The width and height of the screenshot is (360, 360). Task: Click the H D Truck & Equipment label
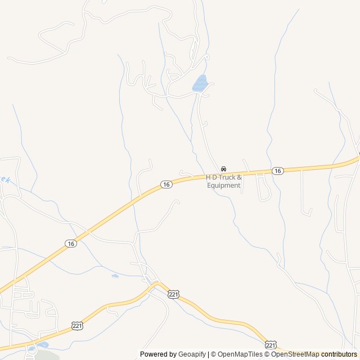[223, 181]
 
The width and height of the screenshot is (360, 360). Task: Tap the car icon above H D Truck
[223, 169]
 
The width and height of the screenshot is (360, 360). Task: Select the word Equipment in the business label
[223, 186]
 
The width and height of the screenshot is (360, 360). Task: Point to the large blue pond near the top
[200, 83]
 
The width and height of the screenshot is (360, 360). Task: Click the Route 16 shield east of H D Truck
[277, 170]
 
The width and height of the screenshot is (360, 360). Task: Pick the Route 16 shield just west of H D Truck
[165, 184]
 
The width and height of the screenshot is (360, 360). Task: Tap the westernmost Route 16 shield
[70, 243]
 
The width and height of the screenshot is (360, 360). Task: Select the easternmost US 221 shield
[271, 344]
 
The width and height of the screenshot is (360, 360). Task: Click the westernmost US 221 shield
[77, 326]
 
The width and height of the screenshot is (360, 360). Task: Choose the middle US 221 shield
[173, 294]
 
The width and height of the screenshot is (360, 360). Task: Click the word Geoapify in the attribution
[192, 354]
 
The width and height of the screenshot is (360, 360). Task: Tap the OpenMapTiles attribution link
[240, 354]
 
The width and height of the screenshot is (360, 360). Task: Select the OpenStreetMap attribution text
[295, 354]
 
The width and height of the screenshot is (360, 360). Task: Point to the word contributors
[340, 354]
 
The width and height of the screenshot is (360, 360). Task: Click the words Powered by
[157, 354]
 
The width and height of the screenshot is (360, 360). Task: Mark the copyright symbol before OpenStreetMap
[268, 354]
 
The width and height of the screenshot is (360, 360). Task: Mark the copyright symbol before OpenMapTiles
[214, 354]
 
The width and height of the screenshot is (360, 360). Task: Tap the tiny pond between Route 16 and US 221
[115, 276]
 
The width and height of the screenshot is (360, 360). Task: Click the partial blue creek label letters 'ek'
[6, 180]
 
